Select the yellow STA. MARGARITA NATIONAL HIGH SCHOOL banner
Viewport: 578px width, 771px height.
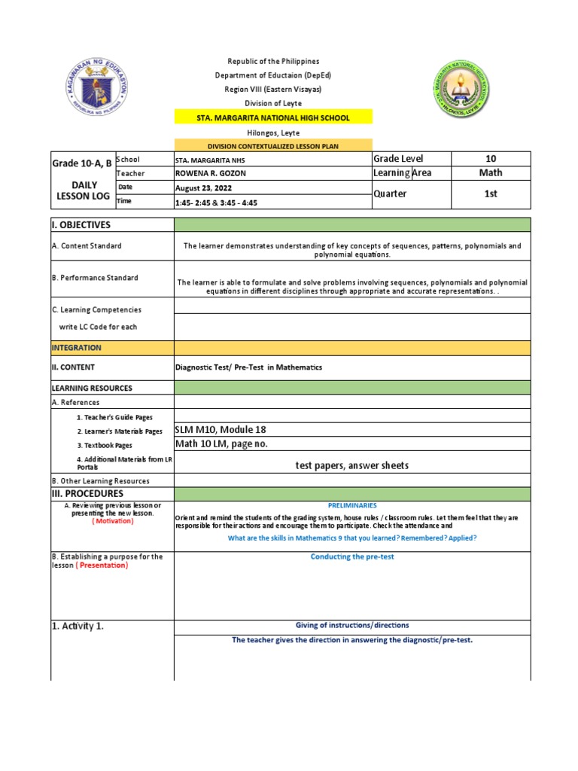(x=263, y=118)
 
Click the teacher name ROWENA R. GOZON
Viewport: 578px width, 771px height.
(x=210, y=174)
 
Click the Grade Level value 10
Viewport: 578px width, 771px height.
(x=490, y=159)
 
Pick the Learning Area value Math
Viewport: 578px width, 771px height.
(x=490, y=173)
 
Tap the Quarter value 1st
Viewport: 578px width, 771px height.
(x=490, y=194)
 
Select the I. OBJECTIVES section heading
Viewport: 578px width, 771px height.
(x=81, y=225)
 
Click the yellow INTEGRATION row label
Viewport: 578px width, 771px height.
(x=76, y=348)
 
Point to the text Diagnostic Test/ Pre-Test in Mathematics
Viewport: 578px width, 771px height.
(x=248, y=367)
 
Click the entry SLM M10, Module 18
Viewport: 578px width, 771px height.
(x=221, y=430)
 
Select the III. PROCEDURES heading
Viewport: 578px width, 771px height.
(x=87, y=493)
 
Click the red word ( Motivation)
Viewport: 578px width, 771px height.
(x=113, y=521)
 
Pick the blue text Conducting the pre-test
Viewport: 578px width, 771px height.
(x=352, y=556)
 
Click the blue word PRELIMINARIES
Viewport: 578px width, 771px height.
(x=352, y=506)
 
